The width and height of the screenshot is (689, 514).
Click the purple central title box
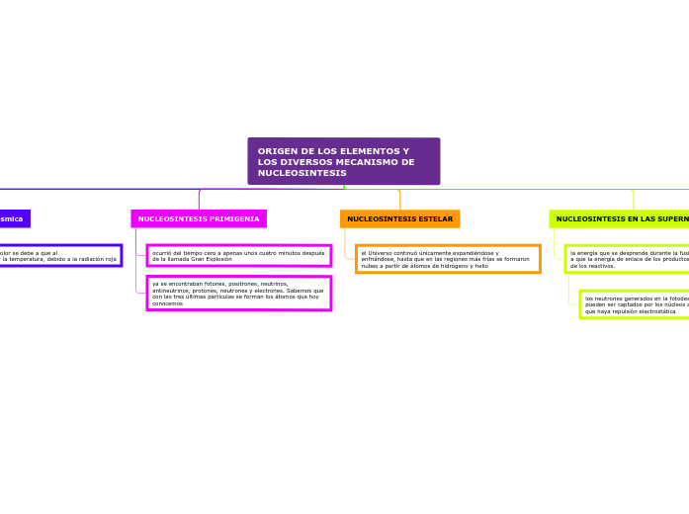pyautogui.click(x=343, y=161)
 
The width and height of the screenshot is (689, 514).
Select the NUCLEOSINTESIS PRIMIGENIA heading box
pyautogui.click(x=199, y=218)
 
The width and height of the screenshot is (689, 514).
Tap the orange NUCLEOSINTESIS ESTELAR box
pyautogui.click(x=399, y=218)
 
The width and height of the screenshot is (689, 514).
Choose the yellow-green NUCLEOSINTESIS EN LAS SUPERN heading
pyautogui.click(x=620, y=218)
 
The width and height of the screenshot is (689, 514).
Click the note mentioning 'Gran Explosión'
pyautogui.click(x=238, y=256)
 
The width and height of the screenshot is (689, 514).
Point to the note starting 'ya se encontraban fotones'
pyautogui.click(x=238, y=293)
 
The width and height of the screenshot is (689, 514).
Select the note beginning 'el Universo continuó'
pyautogui.click(x=448, y=259)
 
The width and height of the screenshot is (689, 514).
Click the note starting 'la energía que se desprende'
pyautogui.click(x=629, y=259)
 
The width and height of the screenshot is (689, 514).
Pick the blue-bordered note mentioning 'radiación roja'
pyautogui.click(x=59, y=256)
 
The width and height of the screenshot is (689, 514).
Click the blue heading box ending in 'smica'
pyautogui.click(x=13, y=218)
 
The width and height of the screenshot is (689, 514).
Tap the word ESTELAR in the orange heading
pyautogui.click(x=434, y=218)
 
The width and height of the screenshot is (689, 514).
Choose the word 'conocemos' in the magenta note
pyautogui.click(x=168, y=303)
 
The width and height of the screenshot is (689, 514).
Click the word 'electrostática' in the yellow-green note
pyautogui.click(x=654, y=311)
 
